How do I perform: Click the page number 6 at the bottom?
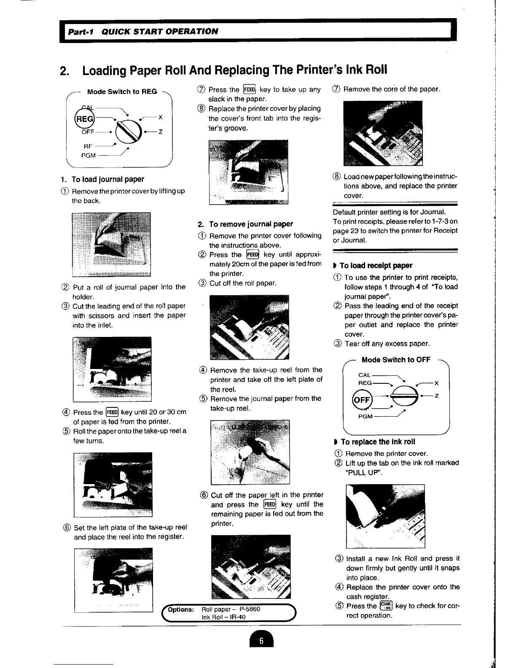pyautogui.click(x=261, y=641)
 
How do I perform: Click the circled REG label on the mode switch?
pyautogui.click(x=84, y=119)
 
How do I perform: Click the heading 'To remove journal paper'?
pyautogui.click(x=250, y=224)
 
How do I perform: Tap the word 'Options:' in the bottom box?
pyautogui.click(x=181, y=609)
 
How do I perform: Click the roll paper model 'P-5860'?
pyautogui.click(x=250, y=609)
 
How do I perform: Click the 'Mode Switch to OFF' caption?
pyautogui.click(x=396, y=360)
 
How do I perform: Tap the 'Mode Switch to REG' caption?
pyautogui.click(x=122, y=92)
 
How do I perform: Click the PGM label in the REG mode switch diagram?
pyautogui.click(x=89, y=155)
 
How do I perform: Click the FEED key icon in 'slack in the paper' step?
pyautogui.click(x=249, y=89)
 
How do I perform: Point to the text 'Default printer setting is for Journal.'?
pyautogui.click(x=389, y=212)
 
